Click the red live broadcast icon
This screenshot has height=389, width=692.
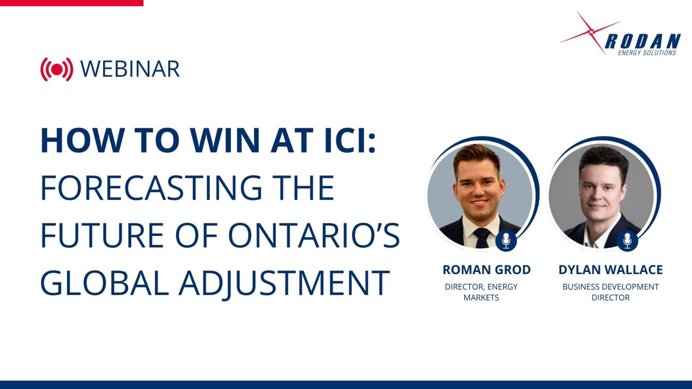pos(57,69)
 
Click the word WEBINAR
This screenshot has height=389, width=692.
pos(130,69)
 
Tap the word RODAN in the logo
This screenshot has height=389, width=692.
pos(642,41)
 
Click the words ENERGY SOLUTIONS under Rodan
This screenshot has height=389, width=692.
pos(647,53)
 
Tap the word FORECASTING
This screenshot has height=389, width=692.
pos(151,188)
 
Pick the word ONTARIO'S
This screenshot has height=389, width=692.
pos(314,235)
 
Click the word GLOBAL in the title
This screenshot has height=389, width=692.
pos(105,282)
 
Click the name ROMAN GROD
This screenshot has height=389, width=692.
pos(487,270)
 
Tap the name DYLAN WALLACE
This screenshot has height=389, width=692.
pos(610,270)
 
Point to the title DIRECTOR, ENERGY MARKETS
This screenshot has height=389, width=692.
pos(481,292)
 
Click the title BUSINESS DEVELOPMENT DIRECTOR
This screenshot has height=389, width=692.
pos(610,292)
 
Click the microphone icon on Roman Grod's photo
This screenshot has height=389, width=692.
pos(506,241)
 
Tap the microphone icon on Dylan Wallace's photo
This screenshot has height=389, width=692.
pos(627,241)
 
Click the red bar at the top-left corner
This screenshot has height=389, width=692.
pos(72,3)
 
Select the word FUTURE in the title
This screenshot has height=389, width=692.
pos(102,235)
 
